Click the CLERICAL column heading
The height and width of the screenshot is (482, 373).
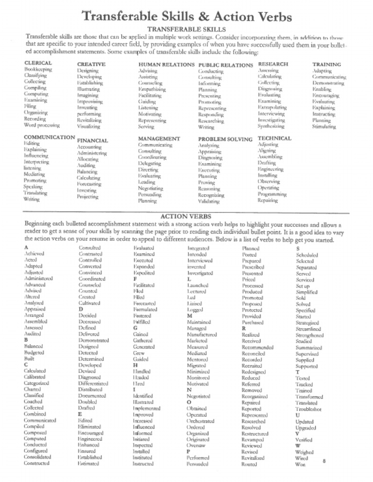pyautogui.click(x=38, y=63)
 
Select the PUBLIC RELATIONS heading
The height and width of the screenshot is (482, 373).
pyautogui.click(x=226, y=65)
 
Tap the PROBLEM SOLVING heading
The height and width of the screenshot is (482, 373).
pyautogui.click(x=225, y=139)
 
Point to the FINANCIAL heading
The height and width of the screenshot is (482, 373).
pyautogui.click(x=92, y=141)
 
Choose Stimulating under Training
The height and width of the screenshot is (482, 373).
pyautogui.click(x=324, y=126)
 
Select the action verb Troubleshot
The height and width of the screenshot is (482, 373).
pyautogui.click(x=311, y=410)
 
